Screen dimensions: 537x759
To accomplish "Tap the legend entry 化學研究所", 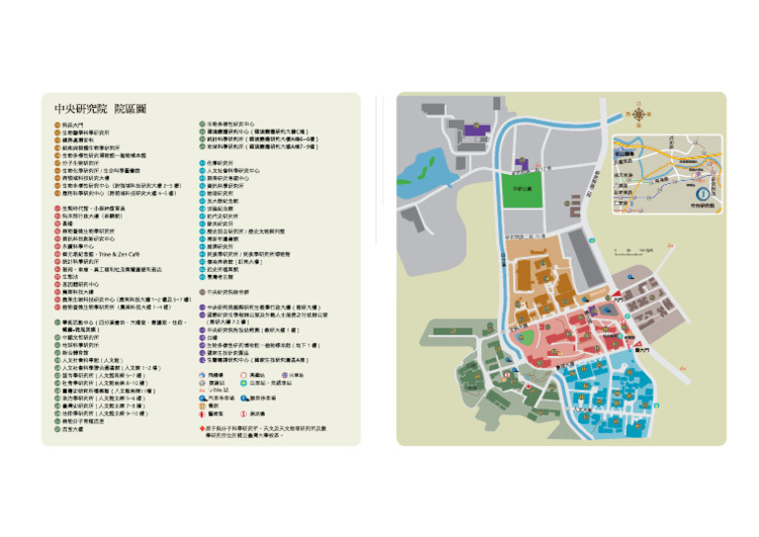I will (x=219, y=162).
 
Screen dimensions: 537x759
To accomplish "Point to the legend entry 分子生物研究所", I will (x=90, y=162).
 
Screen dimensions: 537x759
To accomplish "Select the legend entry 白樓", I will (x=212, y=337).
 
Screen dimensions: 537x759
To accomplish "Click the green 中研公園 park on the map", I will (x=523, y=188).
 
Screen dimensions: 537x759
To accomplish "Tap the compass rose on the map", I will (x=639, y=116).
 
